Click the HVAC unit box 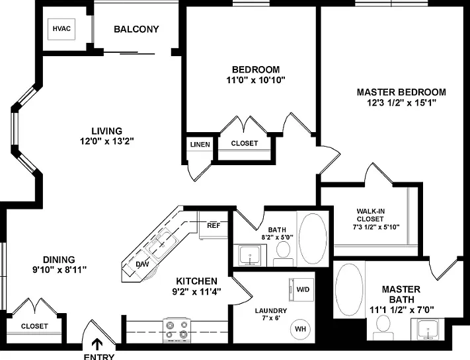click(61, 29)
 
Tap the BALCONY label click(136, 29)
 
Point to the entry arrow click(97, 344)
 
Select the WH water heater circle click(300, 329)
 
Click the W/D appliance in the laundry click(301, 290)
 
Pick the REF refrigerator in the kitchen click(214, 225)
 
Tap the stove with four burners click(176, 330)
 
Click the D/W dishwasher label click(142, 264)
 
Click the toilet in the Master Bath click(383, 328)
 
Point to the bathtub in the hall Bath click(313, 238)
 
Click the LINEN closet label click(200, 145)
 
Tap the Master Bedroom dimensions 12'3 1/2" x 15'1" click(401, 103)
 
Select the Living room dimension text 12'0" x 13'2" click(106, 141)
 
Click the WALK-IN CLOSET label click(370, 215)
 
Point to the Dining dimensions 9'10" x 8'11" click(59, 270)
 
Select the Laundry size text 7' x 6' click(270, 318)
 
